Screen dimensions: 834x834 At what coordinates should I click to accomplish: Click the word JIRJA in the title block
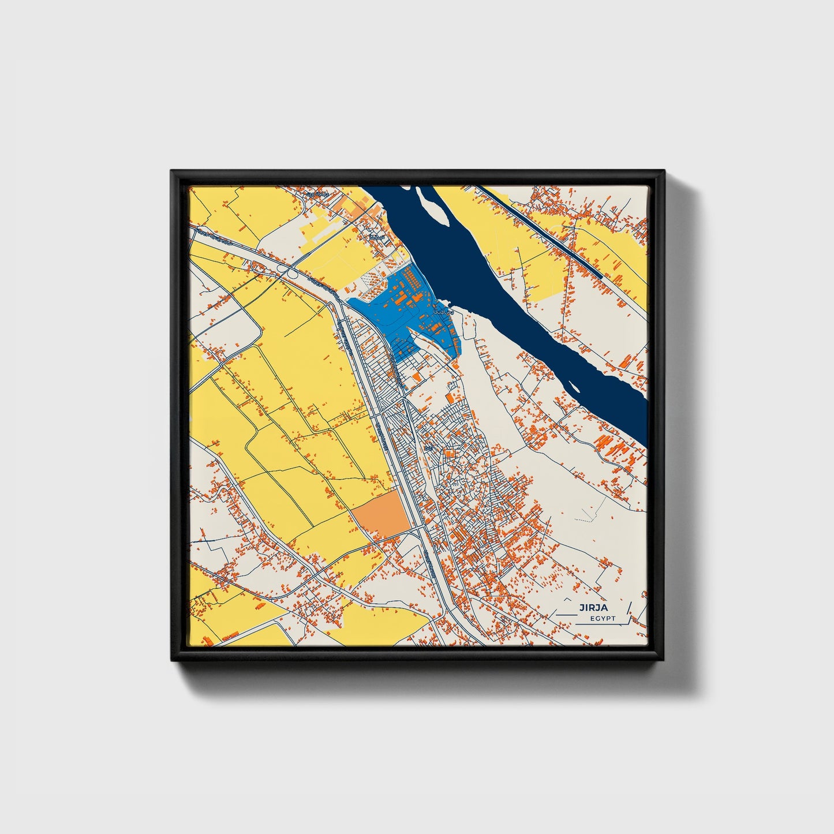tap(594, 607)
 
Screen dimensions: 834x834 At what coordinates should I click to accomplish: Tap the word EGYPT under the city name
tap(603, 619)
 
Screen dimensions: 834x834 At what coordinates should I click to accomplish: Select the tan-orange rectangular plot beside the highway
tap(382, 515)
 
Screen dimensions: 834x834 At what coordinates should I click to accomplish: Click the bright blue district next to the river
tap(398, 312)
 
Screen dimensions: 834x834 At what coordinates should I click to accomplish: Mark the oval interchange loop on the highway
tap(293, 275)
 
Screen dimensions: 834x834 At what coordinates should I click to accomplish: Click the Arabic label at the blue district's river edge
tap(443, 311)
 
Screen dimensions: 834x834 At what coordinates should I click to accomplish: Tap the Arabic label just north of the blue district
tap(378, 237)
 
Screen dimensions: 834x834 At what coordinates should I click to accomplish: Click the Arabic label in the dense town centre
tap(428, 448)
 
